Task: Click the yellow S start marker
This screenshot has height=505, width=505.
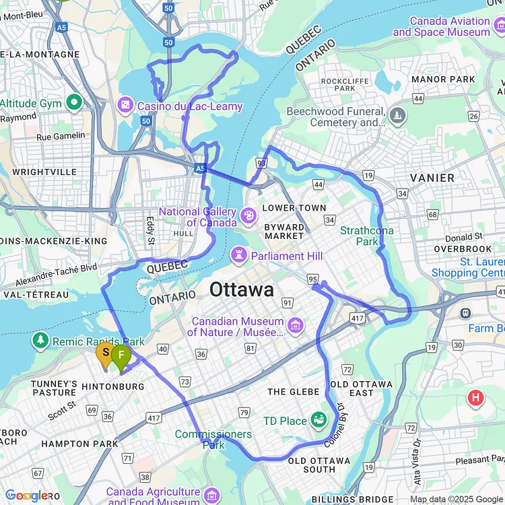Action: (x=105, y=353)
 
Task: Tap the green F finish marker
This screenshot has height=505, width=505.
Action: (x=121, y=356)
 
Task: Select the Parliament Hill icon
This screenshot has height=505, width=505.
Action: (x=238, y=255)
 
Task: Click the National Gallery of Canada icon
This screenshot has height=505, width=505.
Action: (x=248, y=216)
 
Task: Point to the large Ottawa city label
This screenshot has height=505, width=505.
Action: (x=242, y=290)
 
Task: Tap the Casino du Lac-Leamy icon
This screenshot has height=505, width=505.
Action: (x=125, y=106)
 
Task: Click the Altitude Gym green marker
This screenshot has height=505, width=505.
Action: (x=74, y=104)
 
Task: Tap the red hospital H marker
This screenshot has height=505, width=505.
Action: (x=476, y=397)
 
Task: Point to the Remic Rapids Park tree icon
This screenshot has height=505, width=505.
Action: (x=42, y=341)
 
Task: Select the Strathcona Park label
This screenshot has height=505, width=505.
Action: (x=367, y=236)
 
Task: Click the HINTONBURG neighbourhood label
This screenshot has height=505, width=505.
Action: (x=112, y=386)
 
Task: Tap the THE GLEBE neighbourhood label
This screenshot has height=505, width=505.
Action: (x=293, y=391)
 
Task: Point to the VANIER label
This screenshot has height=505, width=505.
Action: (x=432, y=178)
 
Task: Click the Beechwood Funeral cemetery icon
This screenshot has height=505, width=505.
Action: (x=397, y=115)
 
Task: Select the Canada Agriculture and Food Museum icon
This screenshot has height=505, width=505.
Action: (x=211, y=496)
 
